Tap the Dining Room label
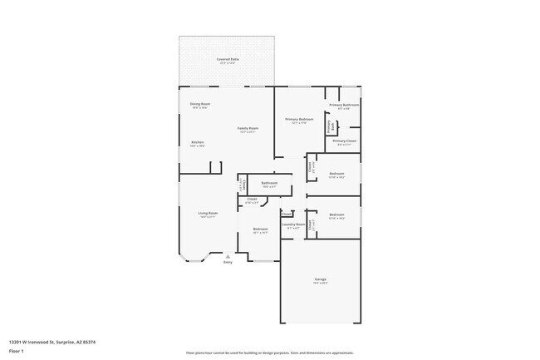(x=200, y=104)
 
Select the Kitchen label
(x=198, y=142)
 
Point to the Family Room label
(x=248, y=128)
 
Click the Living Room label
(x=208, y=214)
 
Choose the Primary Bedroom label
(x=299, y=120)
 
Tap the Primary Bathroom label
(x=343, y=105)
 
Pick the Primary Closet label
(x=344, y=141)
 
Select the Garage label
(x=320, y=279)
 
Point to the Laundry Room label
(x=293, y=224)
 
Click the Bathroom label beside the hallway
(x=269, y=183)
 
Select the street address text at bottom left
(x=52, y=341)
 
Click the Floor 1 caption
(x=17, y=351)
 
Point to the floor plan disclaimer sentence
(x=270, y=352)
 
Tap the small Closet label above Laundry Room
(x=287, y=214)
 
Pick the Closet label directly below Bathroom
(x=252, y=200)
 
